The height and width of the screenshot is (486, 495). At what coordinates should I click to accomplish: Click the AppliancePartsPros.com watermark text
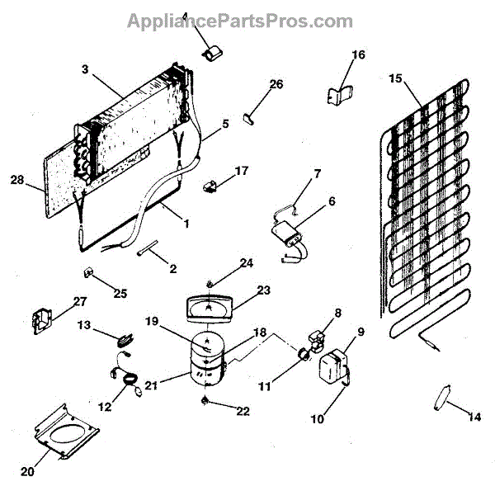point(240,21)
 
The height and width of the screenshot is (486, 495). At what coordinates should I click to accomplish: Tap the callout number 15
point(395,78)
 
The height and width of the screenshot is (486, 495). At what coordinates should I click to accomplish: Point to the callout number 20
point(29,472)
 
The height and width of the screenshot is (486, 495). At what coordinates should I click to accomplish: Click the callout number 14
point(472,417)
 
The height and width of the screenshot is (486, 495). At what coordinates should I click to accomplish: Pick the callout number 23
point(263,290)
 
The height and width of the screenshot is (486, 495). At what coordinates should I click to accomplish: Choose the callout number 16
point(357,55)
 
